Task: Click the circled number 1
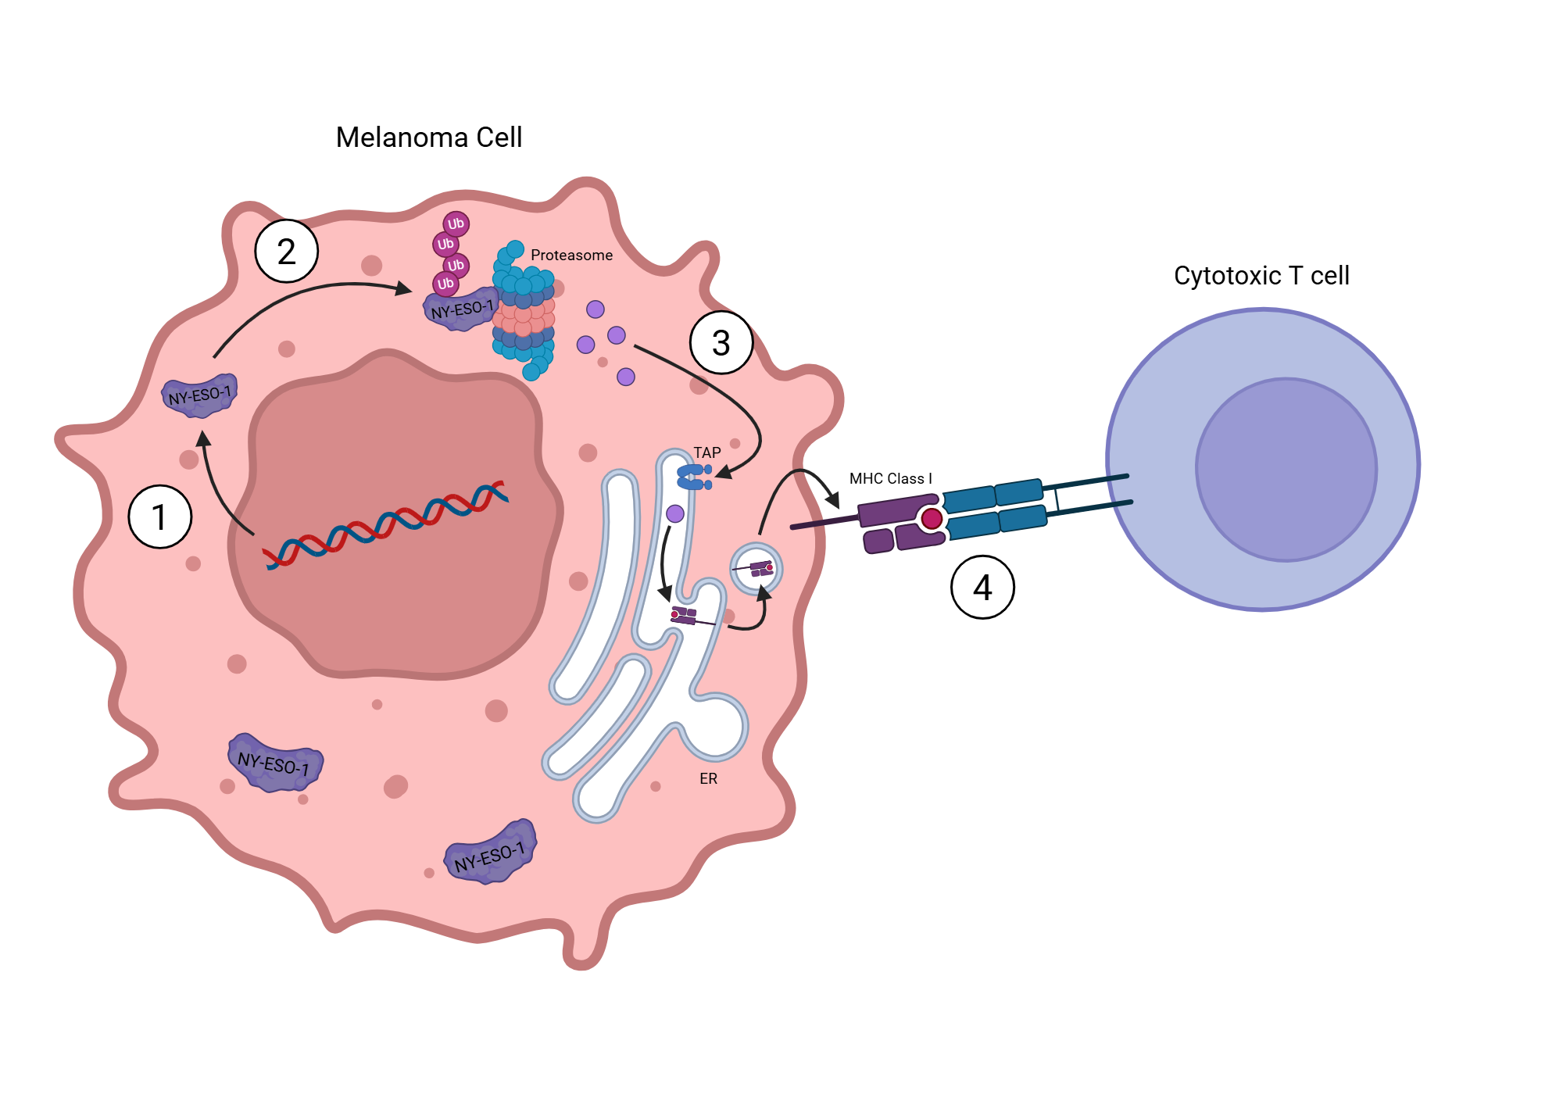pos(160,517)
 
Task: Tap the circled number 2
pos(287,251)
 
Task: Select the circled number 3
pos(721,342)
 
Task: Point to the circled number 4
pos(982,587)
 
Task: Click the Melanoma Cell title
pos(428,138)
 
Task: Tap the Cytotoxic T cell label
pos(1261,276)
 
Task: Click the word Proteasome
pos(571,256)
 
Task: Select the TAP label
pos(707,452)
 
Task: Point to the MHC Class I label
pos(890,479)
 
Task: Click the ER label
pos(708,779)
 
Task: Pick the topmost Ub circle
pos(456,224)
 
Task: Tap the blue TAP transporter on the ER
pos(693,477)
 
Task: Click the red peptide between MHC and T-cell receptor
pos(932,518)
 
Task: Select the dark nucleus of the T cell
pos(1286,470)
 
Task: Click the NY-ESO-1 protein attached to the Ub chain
pos(461,309)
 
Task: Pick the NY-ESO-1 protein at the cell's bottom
pos(490,853)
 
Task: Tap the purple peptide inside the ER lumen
pos(675,513)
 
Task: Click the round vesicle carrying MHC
pos(756,569)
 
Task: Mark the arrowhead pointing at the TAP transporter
pos(724,472)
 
